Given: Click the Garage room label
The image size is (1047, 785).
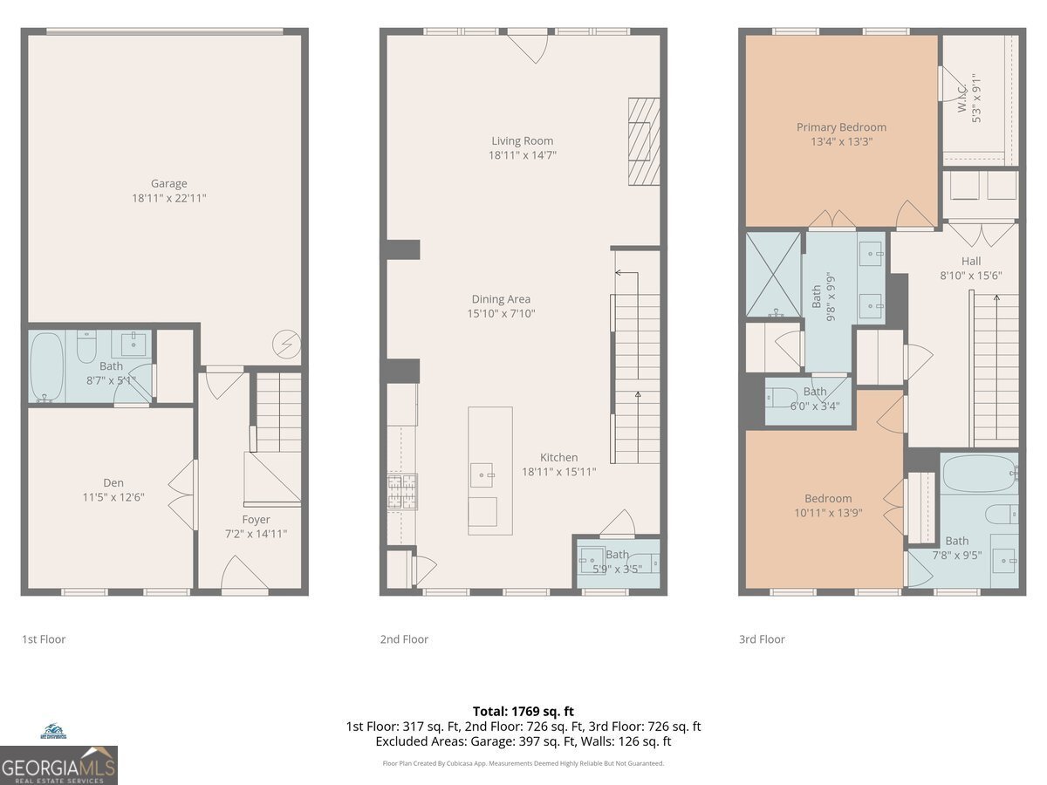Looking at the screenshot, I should click(168, 183).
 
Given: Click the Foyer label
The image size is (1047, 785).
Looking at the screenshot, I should click(256, 520).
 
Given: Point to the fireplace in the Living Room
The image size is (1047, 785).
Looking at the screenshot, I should click(644, 140).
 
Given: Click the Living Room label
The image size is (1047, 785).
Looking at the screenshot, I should click(522, 140).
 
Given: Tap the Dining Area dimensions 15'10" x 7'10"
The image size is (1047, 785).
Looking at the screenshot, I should click(501, 314).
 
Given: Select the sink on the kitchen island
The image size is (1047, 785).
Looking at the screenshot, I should click(482, 475).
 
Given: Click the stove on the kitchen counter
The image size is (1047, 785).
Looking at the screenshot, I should click(402, 490).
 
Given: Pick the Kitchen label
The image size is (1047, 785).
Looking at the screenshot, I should click(558, 457).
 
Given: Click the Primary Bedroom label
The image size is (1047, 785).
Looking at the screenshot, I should click(841, 127).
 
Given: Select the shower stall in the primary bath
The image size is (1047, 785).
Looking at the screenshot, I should click(773, 274).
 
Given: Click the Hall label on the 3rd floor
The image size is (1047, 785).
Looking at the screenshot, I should click(970, 261).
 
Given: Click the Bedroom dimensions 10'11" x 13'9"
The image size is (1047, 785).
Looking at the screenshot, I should click(828, 513).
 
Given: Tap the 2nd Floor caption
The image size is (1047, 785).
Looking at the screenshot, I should click(404, 639).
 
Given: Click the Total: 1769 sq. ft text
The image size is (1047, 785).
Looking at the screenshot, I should click(523, 712).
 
